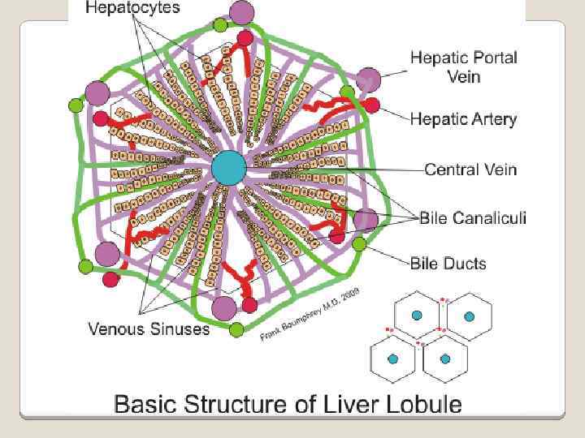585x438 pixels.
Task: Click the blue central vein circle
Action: tap(228, 169)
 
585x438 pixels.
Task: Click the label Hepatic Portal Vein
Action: tap(463, 67)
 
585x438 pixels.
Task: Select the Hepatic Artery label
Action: tap(463, 119)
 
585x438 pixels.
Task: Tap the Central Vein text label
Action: tap(470, 170)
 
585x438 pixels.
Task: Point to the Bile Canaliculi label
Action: tap(473, 217)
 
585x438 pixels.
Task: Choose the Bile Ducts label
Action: tap(448, 263)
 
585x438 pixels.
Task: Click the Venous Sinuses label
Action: tap(149, 328)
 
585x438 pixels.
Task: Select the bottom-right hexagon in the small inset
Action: tap(444, 358)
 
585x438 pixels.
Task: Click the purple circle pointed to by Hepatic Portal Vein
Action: tap(366, 80)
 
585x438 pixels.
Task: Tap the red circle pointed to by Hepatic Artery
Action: tap(371, 105)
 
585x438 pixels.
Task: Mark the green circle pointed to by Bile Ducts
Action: tap(358, 243)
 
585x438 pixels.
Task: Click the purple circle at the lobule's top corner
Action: tap(241, 13)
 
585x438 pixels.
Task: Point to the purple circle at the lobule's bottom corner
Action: tap(223, 307)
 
